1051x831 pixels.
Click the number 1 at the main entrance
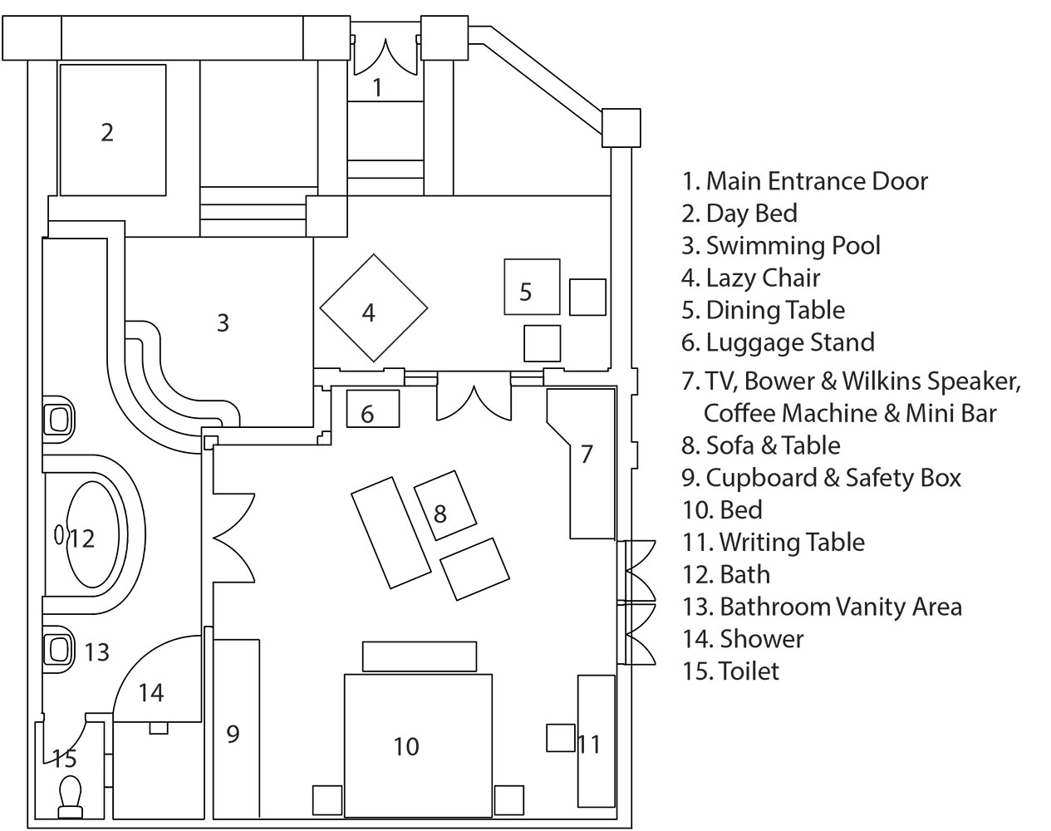tap(378, 86)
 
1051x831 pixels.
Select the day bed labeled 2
tap(111, 131)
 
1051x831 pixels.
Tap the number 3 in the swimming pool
tap(223, 322)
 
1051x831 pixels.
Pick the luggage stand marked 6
tap(373, 409)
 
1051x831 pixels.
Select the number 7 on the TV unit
tap(587, 454)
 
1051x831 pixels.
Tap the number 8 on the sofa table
tap(440, 514)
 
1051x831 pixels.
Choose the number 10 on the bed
tap(406, 746)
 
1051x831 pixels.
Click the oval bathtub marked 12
tap(94, 538)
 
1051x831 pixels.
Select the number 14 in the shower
tap(151, 691)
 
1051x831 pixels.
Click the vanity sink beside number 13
tap(58, 651)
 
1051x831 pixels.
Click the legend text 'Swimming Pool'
tap(793, 246)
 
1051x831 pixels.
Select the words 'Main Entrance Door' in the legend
tap(816, 181)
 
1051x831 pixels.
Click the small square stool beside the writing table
tap(561, 737)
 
